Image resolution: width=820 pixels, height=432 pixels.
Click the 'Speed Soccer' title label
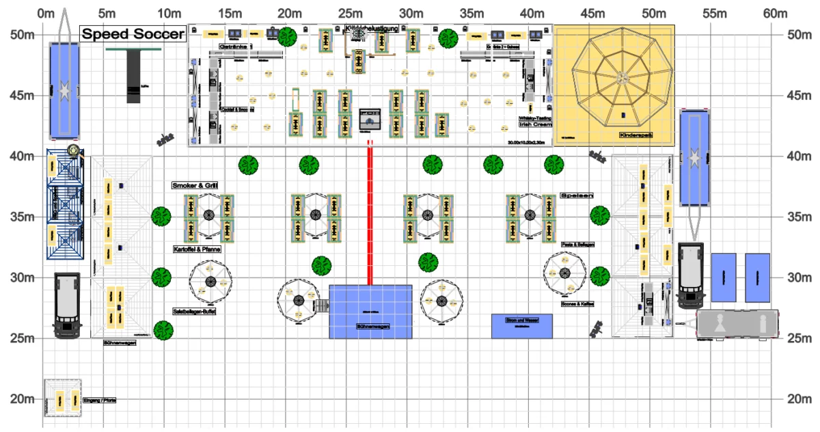[x=133, y=34]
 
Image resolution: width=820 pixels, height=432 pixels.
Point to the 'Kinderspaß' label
[x=636, y=135]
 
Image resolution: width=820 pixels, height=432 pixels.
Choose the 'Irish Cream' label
[x=536, y=124]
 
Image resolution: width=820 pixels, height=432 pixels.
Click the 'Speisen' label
[x=576, y=195]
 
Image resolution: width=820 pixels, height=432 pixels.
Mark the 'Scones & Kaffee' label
[x=577, y=303]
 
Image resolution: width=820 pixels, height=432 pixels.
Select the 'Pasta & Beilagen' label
[x=577, y=244]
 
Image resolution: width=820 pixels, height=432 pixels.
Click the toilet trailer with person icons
[x=737, y=324]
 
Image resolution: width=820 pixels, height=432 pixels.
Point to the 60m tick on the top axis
[x=776, y=13]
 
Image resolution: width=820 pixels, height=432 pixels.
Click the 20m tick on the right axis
[x=799, y=399]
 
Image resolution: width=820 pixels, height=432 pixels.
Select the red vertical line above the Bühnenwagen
[x=370, y=212]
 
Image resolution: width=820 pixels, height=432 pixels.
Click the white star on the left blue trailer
[x=64, y=89]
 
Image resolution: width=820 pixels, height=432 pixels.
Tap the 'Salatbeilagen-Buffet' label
[x=195, y=311]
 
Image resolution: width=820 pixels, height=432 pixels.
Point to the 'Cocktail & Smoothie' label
[x=238, y=109]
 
